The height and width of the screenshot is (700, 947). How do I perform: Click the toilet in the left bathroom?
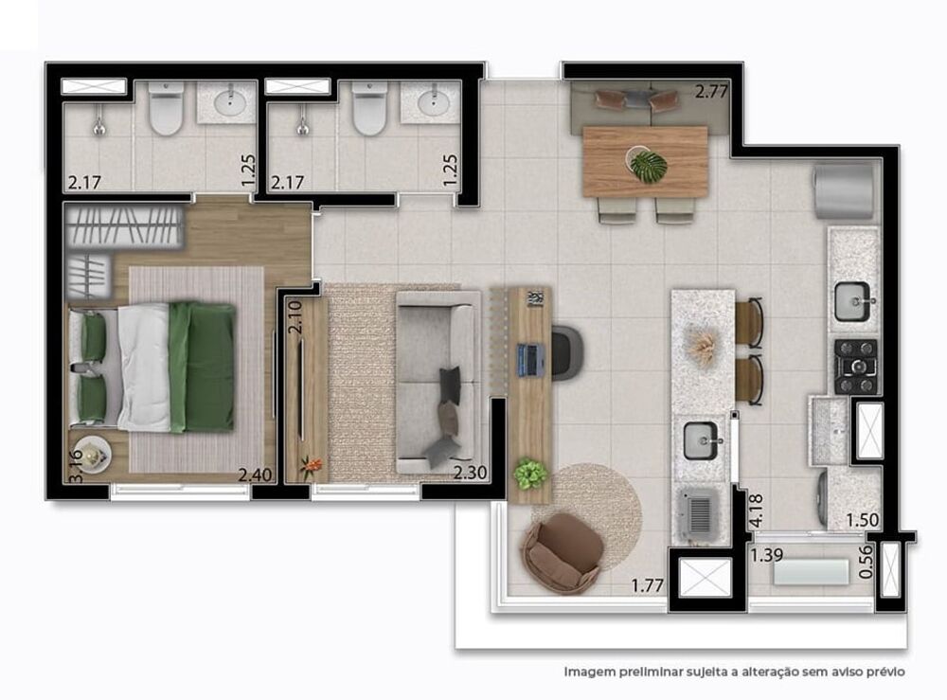pyautogui.click(x=166, y=112)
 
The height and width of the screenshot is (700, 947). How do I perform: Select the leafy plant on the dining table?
pyautogui.click(x=648, y=166)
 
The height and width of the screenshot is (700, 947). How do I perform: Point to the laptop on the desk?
pyautogui.click(x=529, y=358)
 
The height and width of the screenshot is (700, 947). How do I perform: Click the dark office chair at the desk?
pyautogui.click(x=567, y=352)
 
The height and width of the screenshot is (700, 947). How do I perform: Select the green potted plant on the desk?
pyautogui.click(x=530, y=473)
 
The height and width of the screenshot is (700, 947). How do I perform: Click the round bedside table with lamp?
pyautogui.click(x=91, y=457)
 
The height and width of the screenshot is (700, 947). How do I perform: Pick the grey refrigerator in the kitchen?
pyautogui.click(x=844, y=190)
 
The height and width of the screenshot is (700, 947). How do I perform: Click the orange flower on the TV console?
pyautogui.click(x=310, y=465)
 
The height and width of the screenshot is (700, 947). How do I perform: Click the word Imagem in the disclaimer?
pyautogui.click(x=593, y=672)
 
